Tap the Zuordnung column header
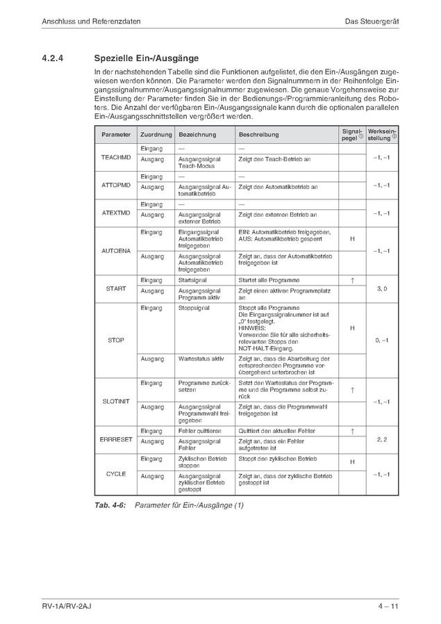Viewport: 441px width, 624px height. [156, 133]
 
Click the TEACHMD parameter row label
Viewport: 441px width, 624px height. [115, 158]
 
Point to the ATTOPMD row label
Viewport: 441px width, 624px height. [115, 186]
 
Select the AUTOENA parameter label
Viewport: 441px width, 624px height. [115, 250]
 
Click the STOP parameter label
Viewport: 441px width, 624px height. [115, 340]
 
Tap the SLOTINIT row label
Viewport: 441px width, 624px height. [115, 402]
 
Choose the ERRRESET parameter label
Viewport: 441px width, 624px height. [115, 440]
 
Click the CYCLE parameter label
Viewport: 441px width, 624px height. [115, 474]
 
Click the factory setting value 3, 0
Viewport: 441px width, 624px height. [382, 288]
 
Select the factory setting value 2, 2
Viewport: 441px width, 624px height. [382, 440]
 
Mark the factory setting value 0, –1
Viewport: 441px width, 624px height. [382, 340]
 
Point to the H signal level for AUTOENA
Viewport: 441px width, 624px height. [352, 239]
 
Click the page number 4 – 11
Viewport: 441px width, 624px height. [388, 609]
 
